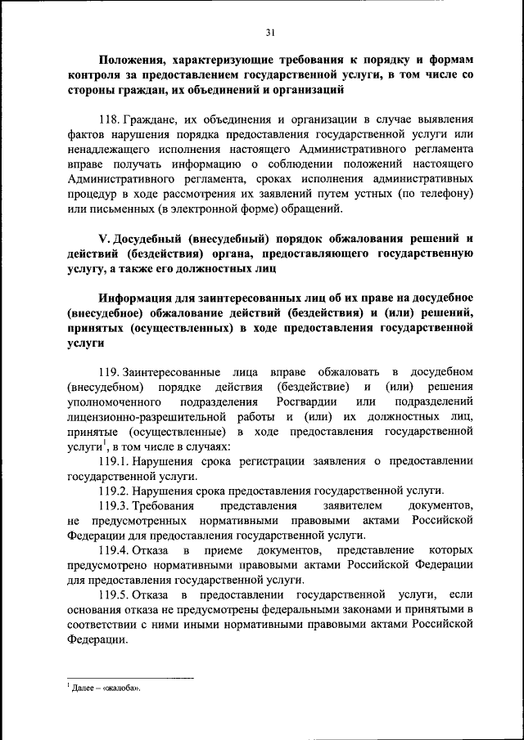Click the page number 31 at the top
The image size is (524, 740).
click(x=270, y=33)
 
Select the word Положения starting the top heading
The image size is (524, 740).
click(x=134, y=60)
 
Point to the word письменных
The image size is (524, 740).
click(x=125, y=209)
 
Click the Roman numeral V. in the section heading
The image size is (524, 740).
click(x=104, y=238)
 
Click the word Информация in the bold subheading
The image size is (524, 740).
click(x=144, y=298)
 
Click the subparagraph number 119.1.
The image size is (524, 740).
click(x=114, y=461)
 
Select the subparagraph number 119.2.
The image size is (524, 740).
click(x=114, y=491)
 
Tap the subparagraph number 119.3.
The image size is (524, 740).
click(x=114, y=506)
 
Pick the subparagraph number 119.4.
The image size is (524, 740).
click(x=114, y=550)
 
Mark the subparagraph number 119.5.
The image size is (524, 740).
click(x=114, y=595)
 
